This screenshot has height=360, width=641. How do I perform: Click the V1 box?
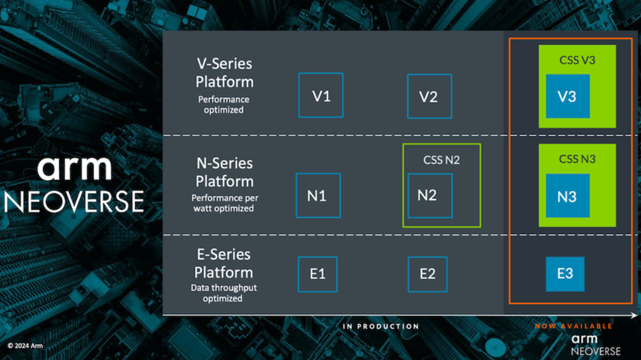coord(321,96)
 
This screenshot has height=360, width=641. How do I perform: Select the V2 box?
coord(429,96)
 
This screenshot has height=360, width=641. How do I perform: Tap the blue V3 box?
coord(567,96)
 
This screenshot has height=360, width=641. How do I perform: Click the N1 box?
coord(318,195)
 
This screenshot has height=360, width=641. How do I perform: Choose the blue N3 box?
coord(567,196)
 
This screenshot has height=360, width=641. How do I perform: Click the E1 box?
coord(317,274)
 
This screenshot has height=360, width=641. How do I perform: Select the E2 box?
coord(428,274)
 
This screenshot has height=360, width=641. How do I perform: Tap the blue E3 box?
coord(565,274)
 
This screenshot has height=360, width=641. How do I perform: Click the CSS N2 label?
coord(441,160)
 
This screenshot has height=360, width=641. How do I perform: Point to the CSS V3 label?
coord(577,60)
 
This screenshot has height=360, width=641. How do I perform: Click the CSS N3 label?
coord(577,159)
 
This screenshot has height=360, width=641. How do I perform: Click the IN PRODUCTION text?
coord(381,327)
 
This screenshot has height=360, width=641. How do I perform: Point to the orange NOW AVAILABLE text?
coord(573,327)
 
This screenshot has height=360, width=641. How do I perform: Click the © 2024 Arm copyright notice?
coord(27,345)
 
